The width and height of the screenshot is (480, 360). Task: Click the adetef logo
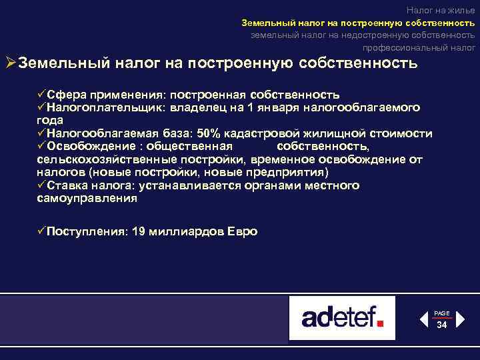(342, 317)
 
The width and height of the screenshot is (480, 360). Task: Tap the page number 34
(441, 325)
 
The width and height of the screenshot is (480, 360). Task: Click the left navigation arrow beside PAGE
(423, 319)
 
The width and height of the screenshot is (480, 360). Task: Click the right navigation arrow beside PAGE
(459, 319)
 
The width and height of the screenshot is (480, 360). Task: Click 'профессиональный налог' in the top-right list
(419, 47)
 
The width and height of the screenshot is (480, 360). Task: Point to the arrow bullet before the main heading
(10, 63)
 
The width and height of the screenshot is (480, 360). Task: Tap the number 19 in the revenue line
(139, 231)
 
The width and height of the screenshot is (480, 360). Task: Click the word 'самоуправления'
(87, 198)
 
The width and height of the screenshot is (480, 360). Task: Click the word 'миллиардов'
(185, 231)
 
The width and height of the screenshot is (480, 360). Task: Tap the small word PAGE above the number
(441, 313)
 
